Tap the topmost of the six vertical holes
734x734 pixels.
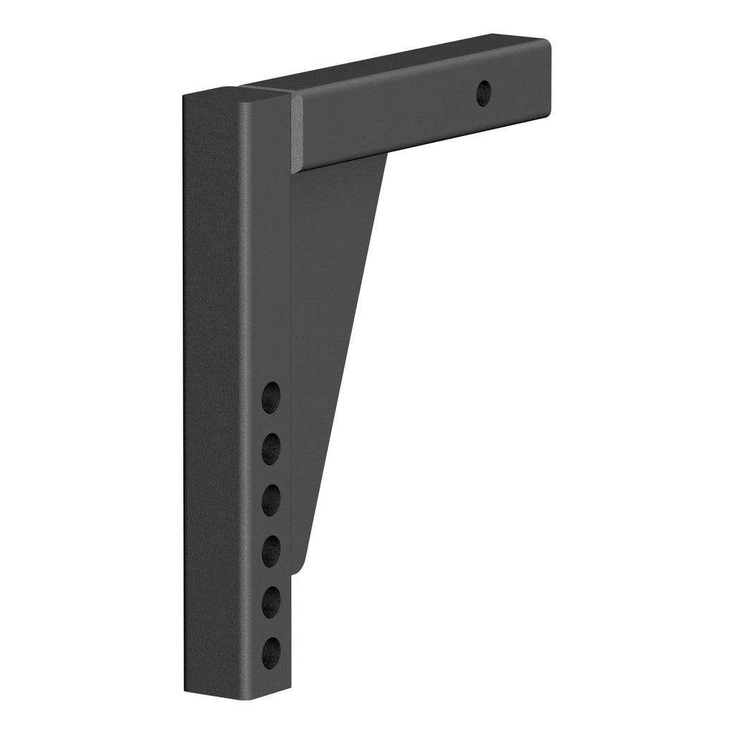[x=271, y=398]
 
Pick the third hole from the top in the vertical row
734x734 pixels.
[x=271, y=500]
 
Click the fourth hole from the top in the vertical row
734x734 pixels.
[x=271, y=550]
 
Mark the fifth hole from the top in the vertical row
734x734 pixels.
[x=271, y=601]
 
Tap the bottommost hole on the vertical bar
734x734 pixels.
[x=271, y=652]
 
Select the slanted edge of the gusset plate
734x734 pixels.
[x=344, y=358]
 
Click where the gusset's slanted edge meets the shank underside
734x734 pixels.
[x=387, y=153]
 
